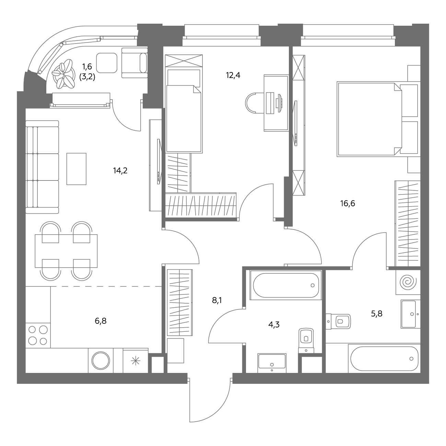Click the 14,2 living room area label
tap(120, 171)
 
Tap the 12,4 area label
tap(233, 75)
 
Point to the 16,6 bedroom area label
tap(348, 203)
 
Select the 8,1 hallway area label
tap(217, 301)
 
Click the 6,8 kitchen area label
tap(101, 321)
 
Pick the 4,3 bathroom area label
tap(274, 325)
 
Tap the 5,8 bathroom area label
tap(377, 314)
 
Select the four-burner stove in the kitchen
tap(38, 336)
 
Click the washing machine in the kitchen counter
tap(101, 361)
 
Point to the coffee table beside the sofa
tap(77, 169)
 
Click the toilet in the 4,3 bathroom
tap(306, 341)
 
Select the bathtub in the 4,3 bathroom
tap(286, 285)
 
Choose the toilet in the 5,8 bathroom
tap(338, 321)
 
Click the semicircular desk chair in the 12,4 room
tap(255, 103)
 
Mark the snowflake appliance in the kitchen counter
tap(136, 361)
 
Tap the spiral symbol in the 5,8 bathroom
tap(408, 282)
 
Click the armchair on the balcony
tap(134, 63)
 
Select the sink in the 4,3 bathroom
tap(272, 363)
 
